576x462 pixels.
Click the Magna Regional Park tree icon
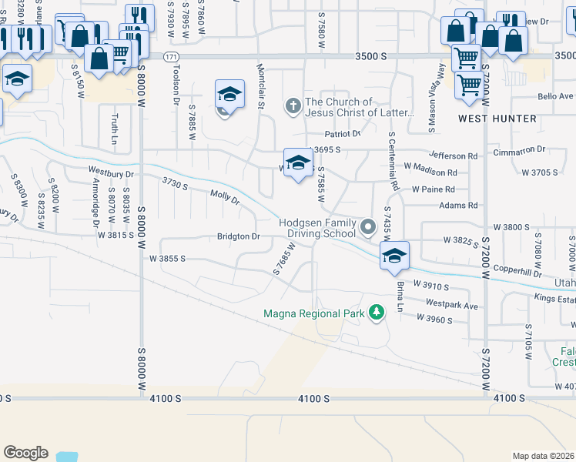click(376, 313)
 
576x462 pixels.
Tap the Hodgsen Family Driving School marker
click(368, 227)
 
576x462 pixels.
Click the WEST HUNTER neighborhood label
click(497, 119)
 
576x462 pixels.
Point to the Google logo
click(25, 453)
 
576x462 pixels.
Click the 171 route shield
click(171, 57)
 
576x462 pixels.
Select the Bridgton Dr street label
click(239, 236)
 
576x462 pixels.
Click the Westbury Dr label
click(111, 173)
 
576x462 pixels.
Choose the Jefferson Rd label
click(454, 156)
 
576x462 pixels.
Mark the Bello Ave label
click(556, 96)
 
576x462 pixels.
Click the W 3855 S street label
click(168, 259)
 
